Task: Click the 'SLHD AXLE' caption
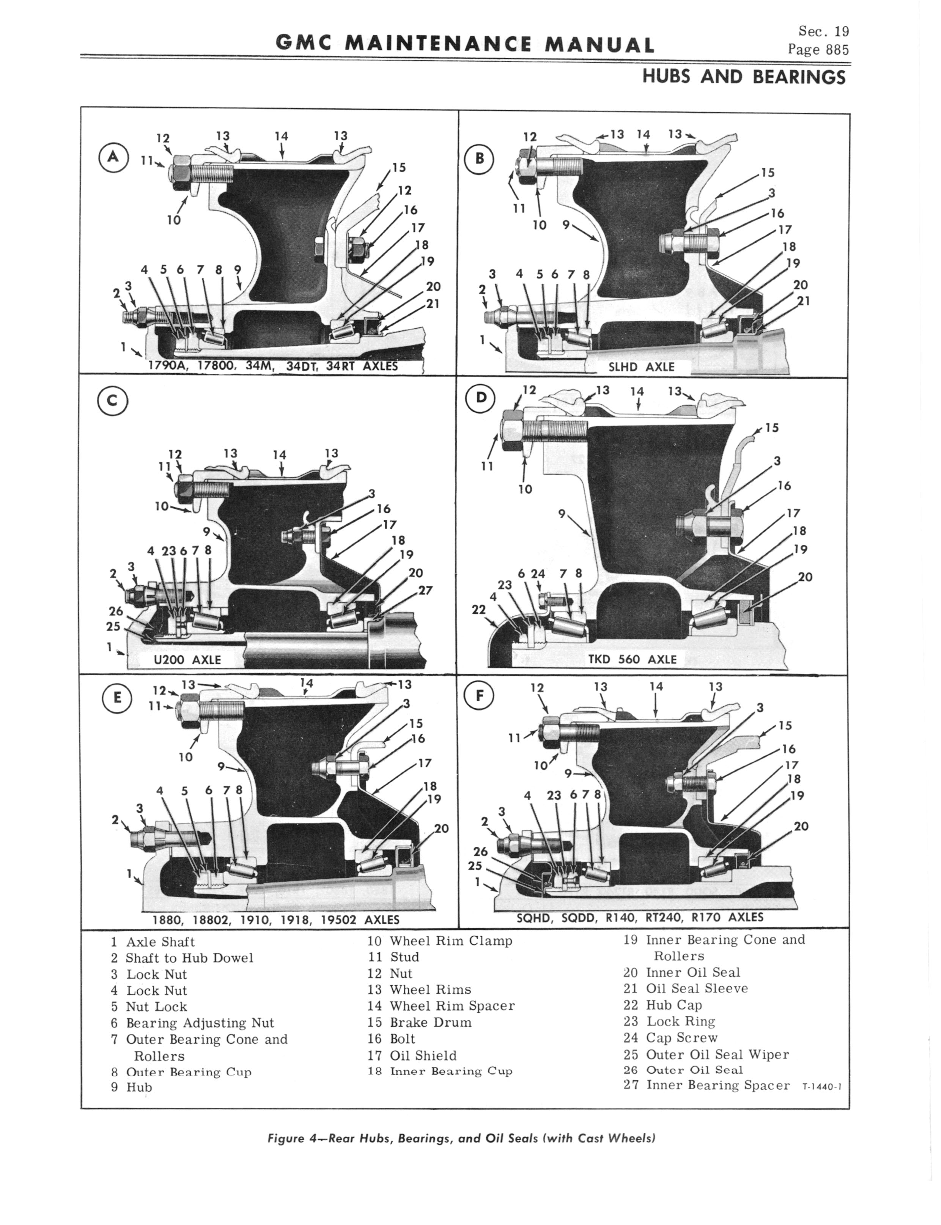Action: coord(641,367)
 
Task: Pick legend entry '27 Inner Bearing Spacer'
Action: coord(706,1085)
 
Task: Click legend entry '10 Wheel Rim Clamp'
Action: coord(440,940)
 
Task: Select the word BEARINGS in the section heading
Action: coord(799,77)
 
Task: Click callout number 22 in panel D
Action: coord(478,609)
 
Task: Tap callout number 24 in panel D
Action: coord(538,573)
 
